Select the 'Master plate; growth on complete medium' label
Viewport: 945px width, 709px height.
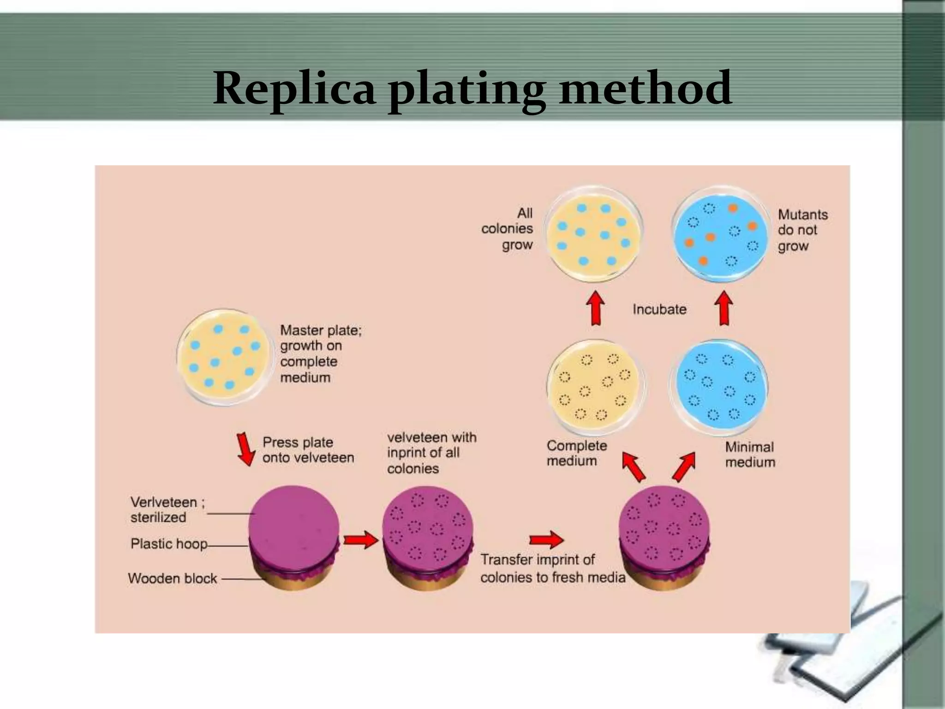tap(320, 354)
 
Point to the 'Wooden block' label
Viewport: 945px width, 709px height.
tap(172, 578)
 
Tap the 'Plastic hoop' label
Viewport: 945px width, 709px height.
tap(168, 544)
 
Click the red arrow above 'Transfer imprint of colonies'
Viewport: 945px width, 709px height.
tap(546, 539)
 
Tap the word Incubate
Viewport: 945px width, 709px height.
tap(659, 309)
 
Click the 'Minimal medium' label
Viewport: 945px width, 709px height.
tap(749, 454)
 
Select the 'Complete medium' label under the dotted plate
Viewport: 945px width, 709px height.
tap(576, 453)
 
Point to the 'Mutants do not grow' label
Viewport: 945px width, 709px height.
tap(802, 230)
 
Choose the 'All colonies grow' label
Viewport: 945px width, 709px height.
tap(508, 229)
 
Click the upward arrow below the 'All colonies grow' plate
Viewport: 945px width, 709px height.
tap(596, 308)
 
